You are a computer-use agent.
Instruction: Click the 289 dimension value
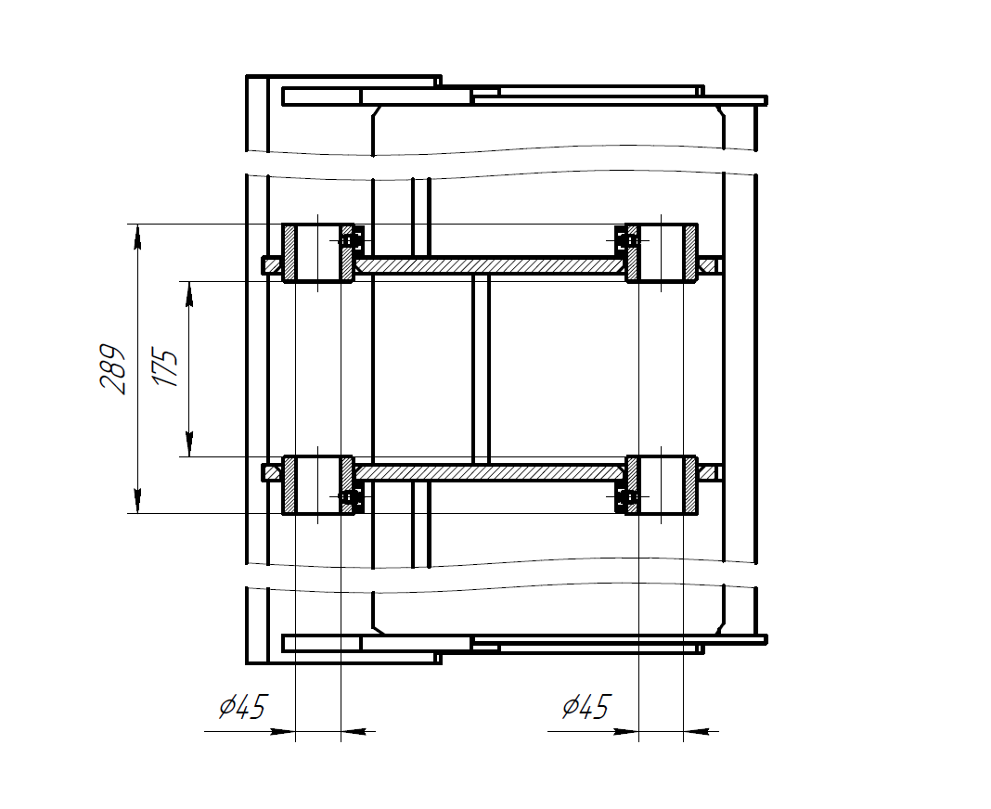coord(113,369)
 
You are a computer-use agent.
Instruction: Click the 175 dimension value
coord(165,366)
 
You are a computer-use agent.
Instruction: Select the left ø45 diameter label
coord(244,706)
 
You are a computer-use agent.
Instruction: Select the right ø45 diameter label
coord(586,706)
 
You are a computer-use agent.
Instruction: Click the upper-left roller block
coord(318,252)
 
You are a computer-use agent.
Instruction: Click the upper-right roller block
coord(661,252)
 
